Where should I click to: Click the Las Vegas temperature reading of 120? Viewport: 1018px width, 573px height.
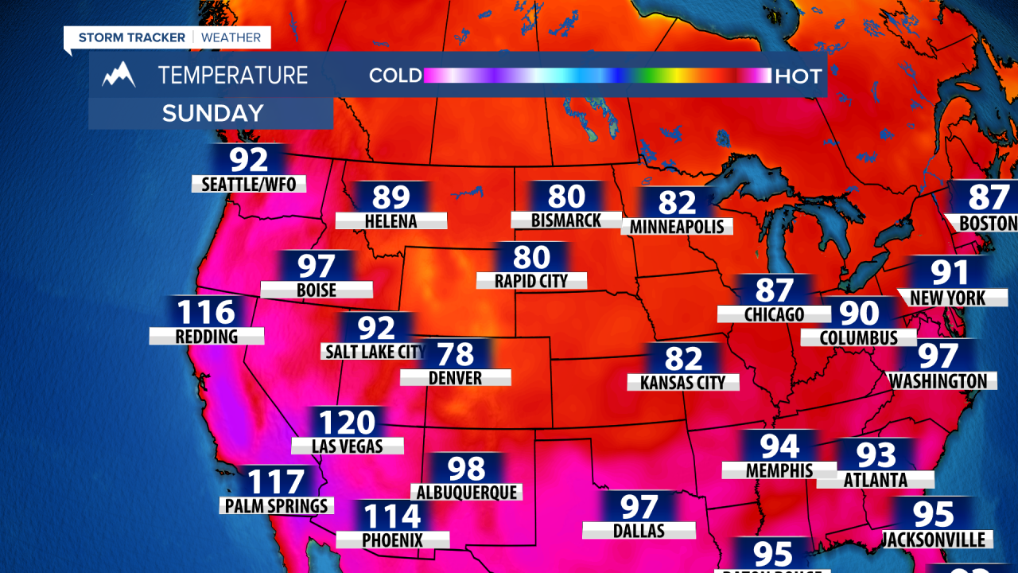tap(346, 422)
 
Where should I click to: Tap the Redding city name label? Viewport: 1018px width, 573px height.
tap(207, 337)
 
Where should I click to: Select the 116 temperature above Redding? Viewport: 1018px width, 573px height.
tap(206, 312)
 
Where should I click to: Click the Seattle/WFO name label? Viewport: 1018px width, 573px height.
tap(249, 185)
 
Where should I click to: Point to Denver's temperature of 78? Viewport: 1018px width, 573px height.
tap(455, 354)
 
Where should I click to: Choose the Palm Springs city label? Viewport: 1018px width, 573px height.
tap(277, 505)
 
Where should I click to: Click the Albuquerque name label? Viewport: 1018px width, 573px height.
tap(466, 493)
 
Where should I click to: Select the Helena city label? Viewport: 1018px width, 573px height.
tap(390, 220)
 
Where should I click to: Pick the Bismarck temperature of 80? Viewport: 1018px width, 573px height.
tap(566, 196)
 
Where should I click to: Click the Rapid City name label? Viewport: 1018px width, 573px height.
tap(531, 281)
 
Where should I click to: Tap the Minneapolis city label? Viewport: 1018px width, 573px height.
tap(677, 227)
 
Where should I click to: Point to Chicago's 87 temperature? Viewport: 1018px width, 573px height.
tap(775, 290)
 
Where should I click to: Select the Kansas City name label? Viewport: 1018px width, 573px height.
tap(683, 383)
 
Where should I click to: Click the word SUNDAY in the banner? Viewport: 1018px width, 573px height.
tap(212, 113)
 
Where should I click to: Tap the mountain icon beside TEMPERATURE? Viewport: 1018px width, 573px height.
tap(119, 75)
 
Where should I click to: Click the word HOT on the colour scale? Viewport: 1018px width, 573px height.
tap(798, 76)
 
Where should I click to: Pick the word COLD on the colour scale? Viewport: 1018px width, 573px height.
tap(395, 76)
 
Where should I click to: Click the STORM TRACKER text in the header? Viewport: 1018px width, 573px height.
tap(132, 37)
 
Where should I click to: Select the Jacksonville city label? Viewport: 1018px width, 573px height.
tap(933, 540)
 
